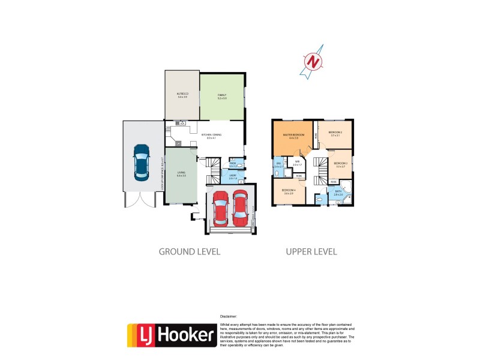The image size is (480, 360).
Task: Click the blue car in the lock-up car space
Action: coord(142,162)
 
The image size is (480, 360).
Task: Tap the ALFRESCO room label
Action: coord(182,94)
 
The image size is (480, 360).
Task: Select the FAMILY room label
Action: coord(222,94)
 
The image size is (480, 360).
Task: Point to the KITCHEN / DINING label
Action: coord(211,135)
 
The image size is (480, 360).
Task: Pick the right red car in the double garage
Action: coord(241,206)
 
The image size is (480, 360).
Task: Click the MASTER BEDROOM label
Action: coord(294,135)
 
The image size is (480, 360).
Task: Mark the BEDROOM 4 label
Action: coord(288,191)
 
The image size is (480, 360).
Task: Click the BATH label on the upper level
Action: coord(338,191)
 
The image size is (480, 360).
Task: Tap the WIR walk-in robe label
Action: coord(296,161)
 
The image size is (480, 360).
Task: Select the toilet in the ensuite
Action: coord(277,173)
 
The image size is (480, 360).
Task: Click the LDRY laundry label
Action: coord(233,175)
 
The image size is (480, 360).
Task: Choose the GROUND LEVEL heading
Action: coord(189,251)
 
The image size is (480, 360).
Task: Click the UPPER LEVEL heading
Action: coord(311,251)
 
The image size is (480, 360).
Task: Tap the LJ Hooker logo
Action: coord(172,335)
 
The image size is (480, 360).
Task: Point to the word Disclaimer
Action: coord(228,316)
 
